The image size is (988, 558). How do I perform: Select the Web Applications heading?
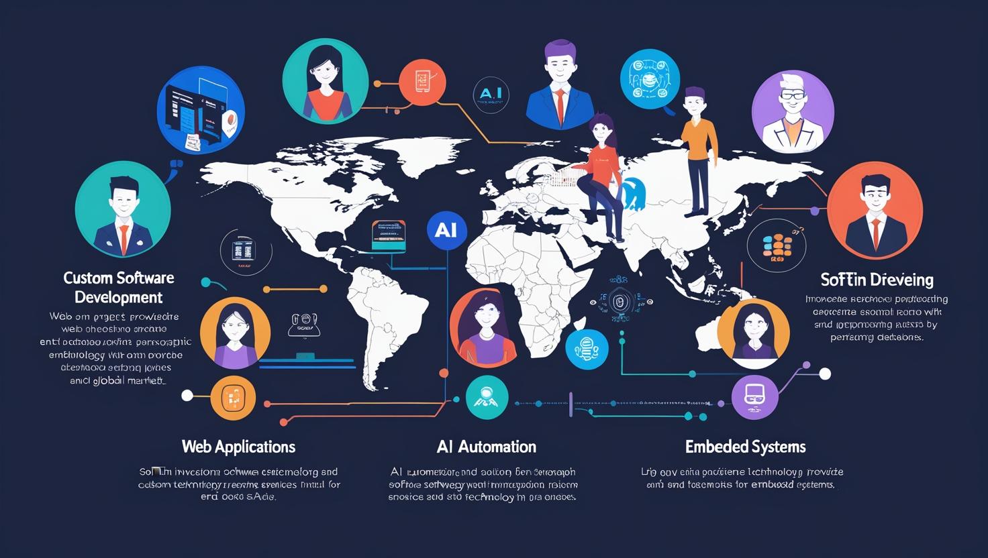[238, 447]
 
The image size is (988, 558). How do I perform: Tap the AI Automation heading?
[486, 447]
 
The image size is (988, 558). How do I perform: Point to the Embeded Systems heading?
[745, 447]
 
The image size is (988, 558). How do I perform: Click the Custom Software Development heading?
[119, 288]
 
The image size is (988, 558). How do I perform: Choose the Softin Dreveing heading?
[877, 279]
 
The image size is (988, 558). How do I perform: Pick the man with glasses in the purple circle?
[793, 112]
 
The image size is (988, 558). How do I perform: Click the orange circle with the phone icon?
[422, 82]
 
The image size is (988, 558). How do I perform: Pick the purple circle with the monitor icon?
[754, 396]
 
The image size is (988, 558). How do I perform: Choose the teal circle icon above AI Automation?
[487, 397]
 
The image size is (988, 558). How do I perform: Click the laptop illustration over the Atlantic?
[389, 235]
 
